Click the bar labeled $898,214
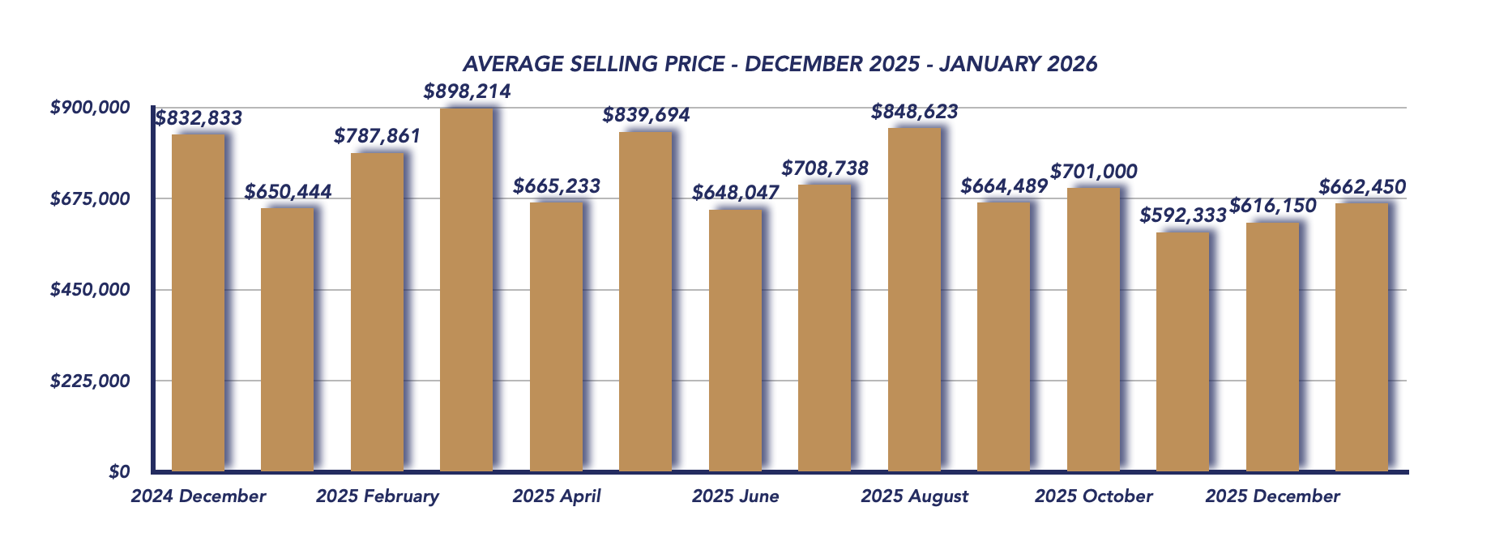pyautogui.click(x=466, y=289)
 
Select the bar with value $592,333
pyautogui.click(x=1182, y=351)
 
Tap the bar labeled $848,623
pyautogui.click(x=914, y=299)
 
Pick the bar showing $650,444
pyautogui.click(x=287, y=339)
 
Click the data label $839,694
pyautogui.click(x=646, y=115)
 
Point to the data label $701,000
pyautogui.click(x=1093, y=172)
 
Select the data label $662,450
pyautogui.click(x=1362, y=187)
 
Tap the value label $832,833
pyautogui.click(x=199, y=118)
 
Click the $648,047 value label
pyautogui.click(x=735, y=193)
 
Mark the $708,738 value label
pyautogui.click(x=825, y=168)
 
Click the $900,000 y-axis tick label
pyautogui.click(x=90, y=108)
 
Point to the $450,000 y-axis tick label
pyautogui.click(x=90, y=290)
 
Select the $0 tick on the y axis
pyautogui.click(x=119, y=472)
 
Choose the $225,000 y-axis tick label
pyautogui.click(x=90, y=381)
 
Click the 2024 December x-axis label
pyautogui.click(x=199, y=496)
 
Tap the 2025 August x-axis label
pyautogui.click(x=914, y=496)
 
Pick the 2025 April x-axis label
pyautogui.click(x=557, y=496)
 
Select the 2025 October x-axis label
pyautogui.click(x=1093, y=496)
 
